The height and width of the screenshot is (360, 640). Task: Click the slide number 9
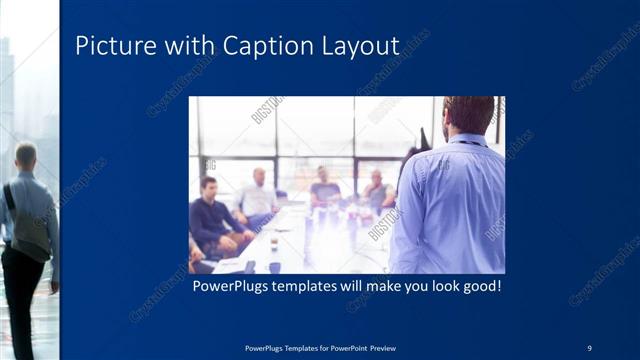click(x=589, y=347)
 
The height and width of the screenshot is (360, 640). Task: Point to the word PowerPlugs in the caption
click(x=233, y=286)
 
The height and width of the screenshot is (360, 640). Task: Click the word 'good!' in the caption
click(x=478, y=286)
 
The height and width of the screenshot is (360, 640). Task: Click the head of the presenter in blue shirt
click(x=468, y=114)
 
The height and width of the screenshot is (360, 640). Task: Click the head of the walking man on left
click(x=26, y=155)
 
